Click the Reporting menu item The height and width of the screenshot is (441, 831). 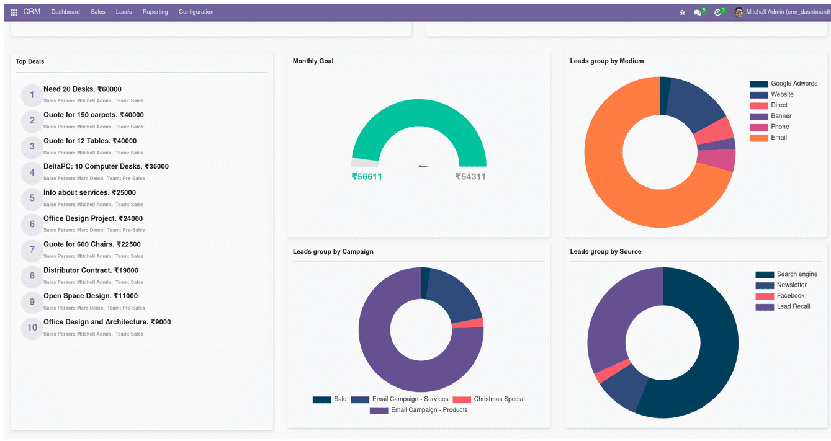point(155,12)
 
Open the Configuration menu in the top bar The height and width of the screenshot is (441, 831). point(196,12)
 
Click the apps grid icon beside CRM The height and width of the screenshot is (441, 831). point(14,12)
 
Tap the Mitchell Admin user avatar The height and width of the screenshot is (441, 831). point(739,12)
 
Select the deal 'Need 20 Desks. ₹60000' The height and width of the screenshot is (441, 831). point(83,89)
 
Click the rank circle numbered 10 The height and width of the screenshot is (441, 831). point(32,327)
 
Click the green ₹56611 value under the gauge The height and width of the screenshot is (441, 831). point(367,177)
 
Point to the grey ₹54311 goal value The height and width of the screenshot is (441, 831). point(470,177)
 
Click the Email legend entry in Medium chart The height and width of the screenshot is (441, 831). point(778,138)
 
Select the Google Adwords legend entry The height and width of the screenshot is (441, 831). point(793,84)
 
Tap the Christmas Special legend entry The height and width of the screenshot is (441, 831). point(498,399)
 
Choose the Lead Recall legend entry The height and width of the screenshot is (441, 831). point(793,306)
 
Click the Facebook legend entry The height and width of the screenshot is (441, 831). point(790,296)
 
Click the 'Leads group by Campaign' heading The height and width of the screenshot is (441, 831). point(333,252)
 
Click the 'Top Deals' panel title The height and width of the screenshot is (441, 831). point(30,61)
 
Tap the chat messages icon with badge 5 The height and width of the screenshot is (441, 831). point(698,12)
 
